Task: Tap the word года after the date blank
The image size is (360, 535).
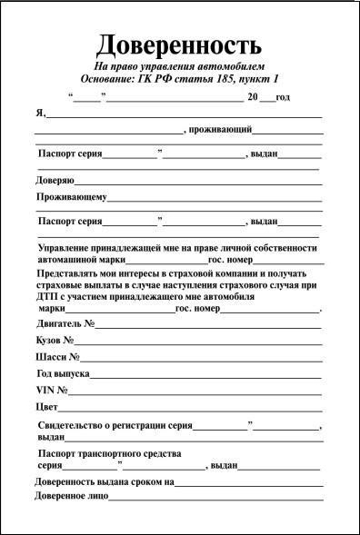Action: pos(282,97)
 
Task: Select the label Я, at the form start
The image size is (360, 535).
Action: pos(41,114)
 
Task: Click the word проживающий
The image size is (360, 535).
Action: pos(220,131)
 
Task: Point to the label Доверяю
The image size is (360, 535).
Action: pos(55,180)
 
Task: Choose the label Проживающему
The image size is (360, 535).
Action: pos(72,196)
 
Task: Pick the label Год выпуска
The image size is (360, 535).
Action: pos(63,373)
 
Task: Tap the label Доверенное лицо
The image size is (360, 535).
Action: pos(72,496)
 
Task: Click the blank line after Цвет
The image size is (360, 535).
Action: pos(190,409)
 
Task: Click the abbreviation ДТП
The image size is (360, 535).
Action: pos(48,296)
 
